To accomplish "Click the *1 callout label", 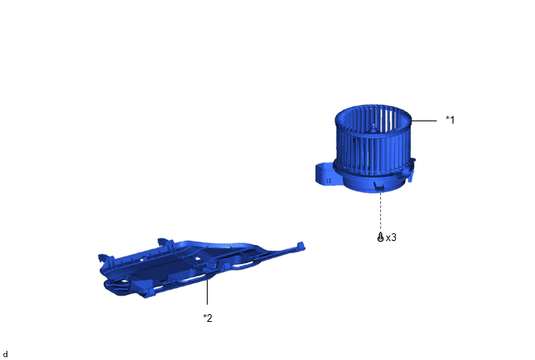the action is [x=450, y=120].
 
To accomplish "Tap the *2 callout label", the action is [x=208, y=318].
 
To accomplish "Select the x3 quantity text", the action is [x=391, y=237].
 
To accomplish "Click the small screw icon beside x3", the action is [x=380, y=237].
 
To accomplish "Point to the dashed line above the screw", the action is [x=380, y=212].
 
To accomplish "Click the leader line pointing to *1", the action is [x=424, y=121].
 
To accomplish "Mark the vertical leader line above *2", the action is [x=207, y=292].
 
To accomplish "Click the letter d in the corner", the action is [x=5, y=355].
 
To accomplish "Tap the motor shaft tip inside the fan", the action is [x=373, y=127].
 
